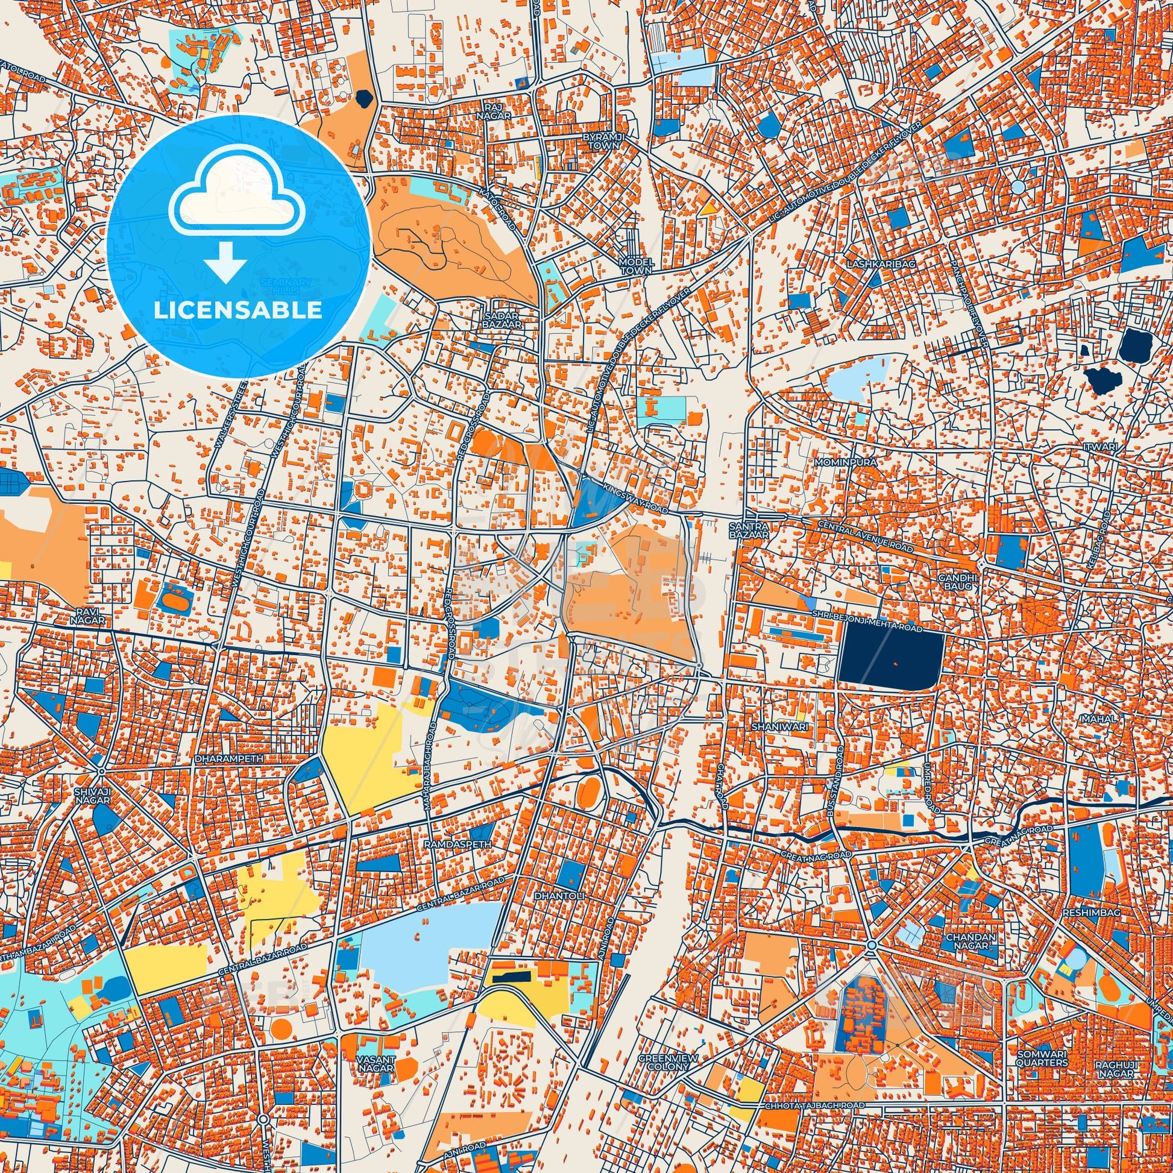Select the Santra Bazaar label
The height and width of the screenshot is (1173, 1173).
point(750,530)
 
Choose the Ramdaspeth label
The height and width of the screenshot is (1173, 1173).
point(448,844)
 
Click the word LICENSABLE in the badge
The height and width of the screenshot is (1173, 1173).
point(237,310)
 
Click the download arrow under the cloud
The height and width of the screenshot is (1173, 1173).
point(225,260)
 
